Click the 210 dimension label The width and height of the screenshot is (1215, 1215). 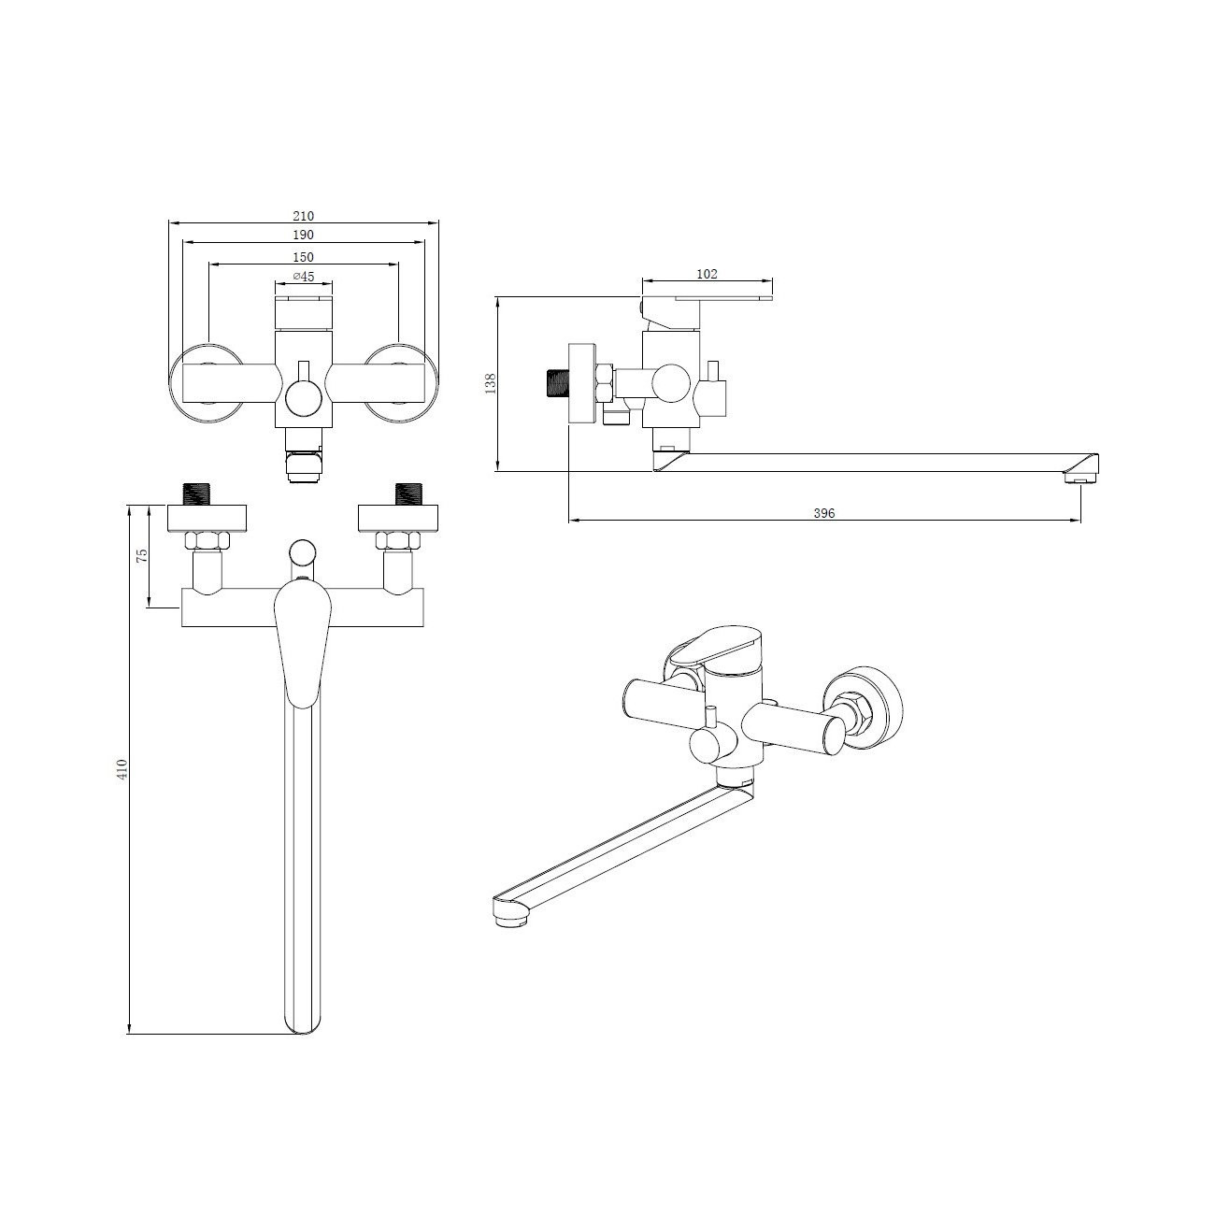(x=303, y=216)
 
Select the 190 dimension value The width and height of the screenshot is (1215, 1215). (x=303, y=236)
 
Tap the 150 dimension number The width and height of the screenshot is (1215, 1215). (x=303, y=257)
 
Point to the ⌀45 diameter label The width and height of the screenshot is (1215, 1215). (x=303, y=276)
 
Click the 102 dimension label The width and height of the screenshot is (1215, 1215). (x=707, y=274)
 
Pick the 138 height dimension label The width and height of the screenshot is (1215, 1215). (x=492, y=383)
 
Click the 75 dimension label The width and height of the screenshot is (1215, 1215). (x=142, y=555)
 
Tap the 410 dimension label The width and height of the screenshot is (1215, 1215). (x=122, y=768)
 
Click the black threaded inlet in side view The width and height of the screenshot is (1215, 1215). (x=557, y=383)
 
